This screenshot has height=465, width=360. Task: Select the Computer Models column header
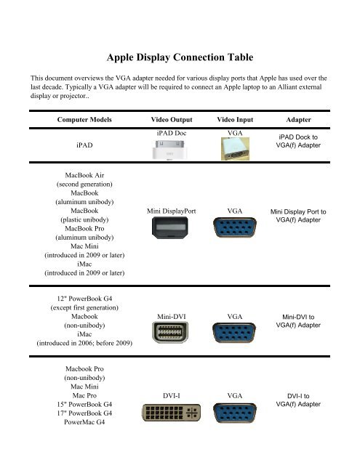click(82, 118)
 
